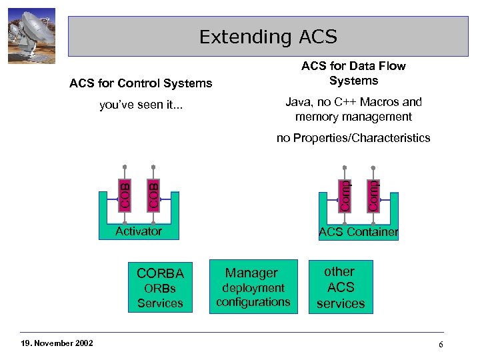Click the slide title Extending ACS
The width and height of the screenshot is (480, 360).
click(268, 37)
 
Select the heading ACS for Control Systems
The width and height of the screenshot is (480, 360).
click(141, 83)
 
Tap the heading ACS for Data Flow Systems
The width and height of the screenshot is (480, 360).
click(353, 73)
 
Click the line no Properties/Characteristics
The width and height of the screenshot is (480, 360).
click(353, 138)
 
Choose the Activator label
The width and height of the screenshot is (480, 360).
click(139, 231)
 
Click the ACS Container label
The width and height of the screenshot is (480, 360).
click(358, 232)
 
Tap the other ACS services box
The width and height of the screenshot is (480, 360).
click(341, 287)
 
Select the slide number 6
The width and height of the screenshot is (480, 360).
click(441, 344)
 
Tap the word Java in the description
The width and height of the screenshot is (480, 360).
click(298, 102)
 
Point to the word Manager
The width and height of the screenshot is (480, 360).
click(251, 273)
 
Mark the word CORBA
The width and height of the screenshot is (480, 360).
click(160, 273)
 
